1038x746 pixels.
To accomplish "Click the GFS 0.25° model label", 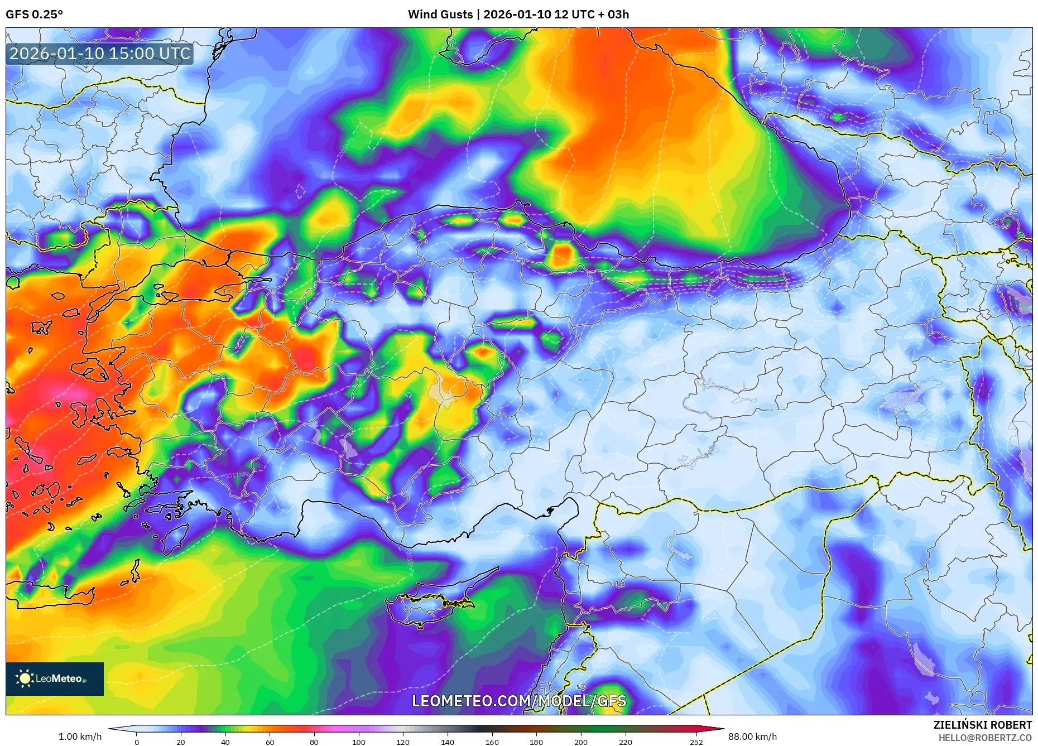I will pyautogui.click(x=34, y=15).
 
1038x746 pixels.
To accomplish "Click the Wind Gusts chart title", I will pyautogui.click(x=518, y=15).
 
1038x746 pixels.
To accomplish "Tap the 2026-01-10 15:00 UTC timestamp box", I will pyautogui.click(x=100, y=54).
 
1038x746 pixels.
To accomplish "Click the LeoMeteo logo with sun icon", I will pyautogui.click(x=54, y=678).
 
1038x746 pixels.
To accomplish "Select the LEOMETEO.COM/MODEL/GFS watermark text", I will pyautogui.click(x=518, y=701).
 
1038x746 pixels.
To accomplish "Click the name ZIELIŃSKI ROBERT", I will pyautogui.click(x=982, y=725).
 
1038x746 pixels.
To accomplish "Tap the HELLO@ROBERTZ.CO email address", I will pyautogui.click(x=984, y=738).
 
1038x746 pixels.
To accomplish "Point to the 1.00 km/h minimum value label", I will pyautogui.click(x=80, y=737).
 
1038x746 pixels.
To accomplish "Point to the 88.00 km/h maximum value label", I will pyautogui.click(x=752, y=737).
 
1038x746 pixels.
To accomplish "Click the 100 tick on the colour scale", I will pyautogui.click(x=358, y=742).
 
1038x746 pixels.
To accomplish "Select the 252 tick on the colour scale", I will pyautogui.click(x=696, y=742).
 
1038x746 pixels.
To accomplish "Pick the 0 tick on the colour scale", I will pyautogui.click(x=137, y=742).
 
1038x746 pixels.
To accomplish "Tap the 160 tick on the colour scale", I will pyautogui.click(x=492, y=742).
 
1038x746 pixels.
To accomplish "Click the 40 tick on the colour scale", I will pyautogui.click(x=225, y=742).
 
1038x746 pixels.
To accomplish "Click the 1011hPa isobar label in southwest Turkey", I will pyautogui.click(x=238, y=475).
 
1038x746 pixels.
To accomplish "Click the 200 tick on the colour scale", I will pyautogui.click(x=580, y=742).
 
